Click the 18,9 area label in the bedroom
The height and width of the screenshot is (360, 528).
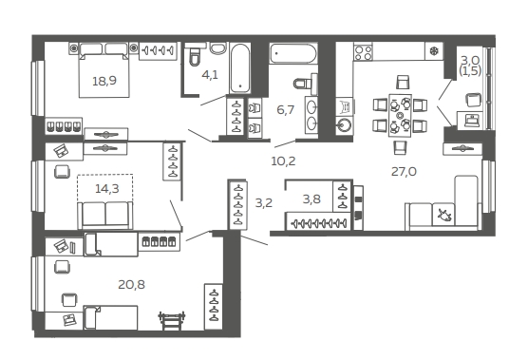pos(104,81)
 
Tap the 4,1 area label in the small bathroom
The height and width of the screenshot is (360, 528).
pos(210,75)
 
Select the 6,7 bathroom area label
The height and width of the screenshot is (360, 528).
pos(286,110)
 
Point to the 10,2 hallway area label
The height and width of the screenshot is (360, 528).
pos(283,161)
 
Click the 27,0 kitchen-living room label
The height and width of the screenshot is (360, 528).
pos(404,172)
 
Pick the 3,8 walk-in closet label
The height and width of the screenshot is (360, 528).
pos(311,199)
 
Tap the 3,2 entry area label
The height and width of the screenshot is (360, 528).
pos(264,203)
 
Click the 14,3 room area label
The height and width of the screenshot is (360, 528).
pos(107,189)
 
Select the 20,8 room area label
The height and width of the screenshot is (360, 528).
pos(131,285)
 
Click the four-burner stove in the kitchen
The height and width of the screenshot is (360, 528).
pos(363,52)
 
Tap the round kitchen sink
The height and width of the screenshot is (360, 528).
pos(344,125)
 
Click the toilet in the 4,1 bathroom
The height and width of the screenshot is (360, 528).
pos(194,56)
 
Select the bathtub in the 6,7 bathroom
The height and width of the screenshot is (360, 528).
pos(292,53)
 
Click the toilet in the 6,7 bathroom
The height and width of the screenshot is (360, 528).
pos(303,84)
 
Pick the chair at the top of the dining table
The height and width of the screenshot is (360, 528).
pos(403,82)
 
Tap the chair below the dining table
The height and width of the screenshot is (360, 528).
pos(400,147)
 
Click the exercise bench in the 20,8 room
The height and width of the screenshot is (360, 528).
pos(172,320)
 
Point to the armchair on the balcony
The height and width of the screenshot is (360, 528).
pos(473,100)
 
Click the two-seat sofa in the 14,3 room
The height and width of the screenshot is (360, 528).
pos(105,215)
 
